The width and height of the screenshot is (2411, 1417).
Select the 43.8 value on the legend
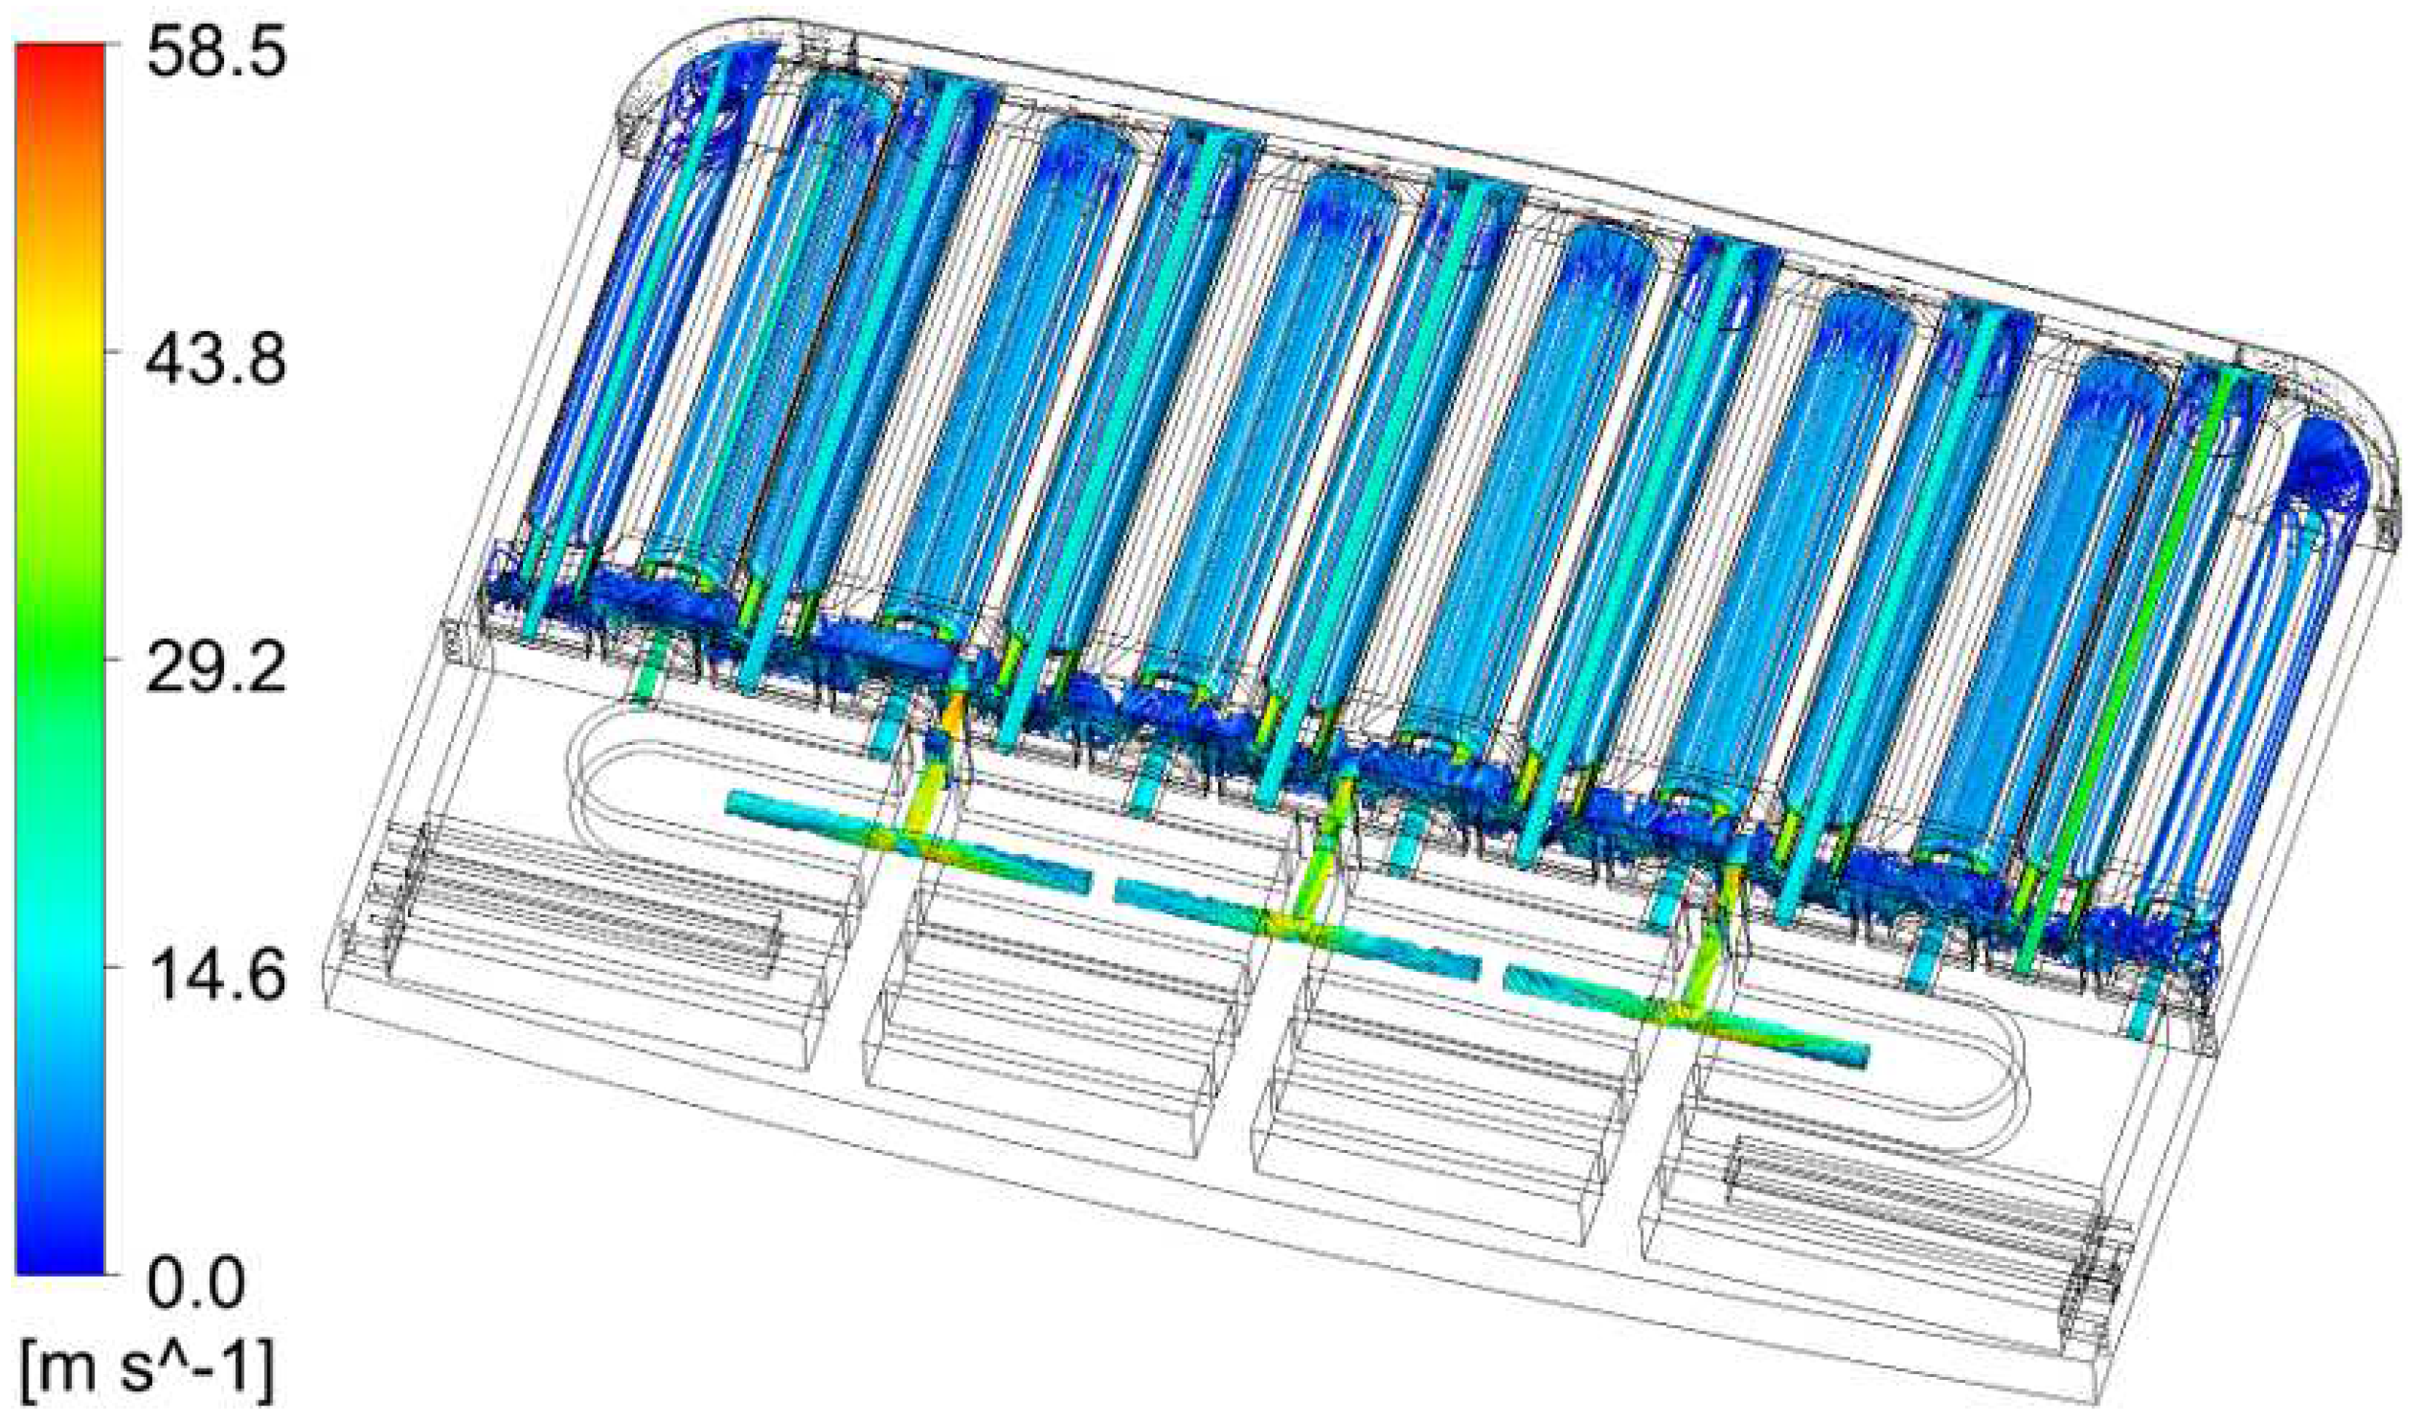(x=216, y=364)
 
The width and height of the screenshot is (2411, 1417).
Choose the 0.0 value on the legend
(x=196, y=1285)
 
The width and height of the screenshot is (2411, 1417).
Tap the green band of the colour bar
(x=60, y=631)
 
